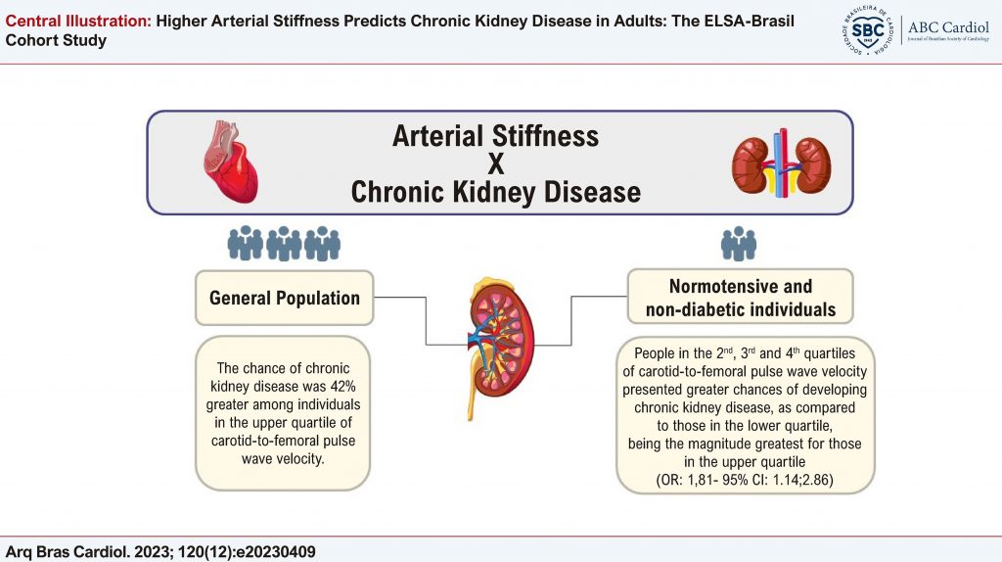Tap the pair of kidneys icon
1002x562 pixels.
[x=781, y=164]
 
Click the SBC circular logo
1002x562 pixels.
[x=867, y=30]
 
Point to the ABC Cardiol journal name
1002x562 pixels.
[x=948, y=27]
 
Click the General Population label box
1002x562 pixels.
[x=285, y=298]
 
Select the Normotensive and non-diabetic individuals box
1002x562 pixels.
[x=740, y=297]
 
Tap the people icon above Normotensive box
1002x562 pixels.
[x=739, y=244]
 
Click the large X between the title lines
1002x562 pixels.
[x=496, y=164]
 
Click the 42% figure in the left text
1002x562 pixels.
[x=342, y=386]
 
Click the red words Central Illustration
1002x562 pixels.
[x=78, y=22]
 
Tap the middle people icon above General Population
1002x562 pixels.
[x=284, y=244]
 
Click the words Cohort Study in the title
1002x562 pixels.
[x=56, y=41]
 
